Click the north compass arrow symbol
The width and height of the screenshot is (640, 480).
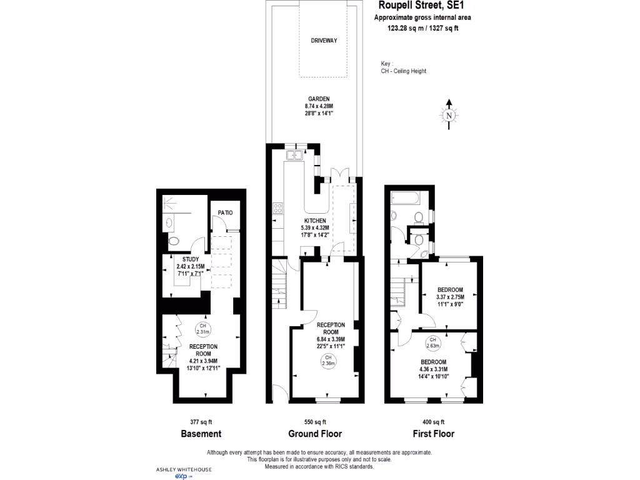point(448,114)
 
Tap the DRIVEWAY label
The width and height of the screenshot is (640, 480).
point(324,41)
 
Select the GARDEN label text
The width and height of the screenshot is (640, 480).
point(318,99)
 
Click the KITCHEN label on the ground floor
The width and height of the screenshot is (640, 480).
point(315,221)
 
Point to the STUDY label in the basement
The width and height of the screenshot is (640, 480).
point(191,259)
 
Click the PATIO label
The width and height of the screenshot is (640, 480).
point(225,213)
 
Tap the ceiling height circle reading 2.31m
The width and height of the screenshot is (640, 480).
point(202,328)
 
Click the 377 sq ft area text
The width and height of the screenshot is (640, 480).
point(201,422)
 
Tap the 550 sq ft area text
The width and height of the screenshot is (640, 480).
point(315,422)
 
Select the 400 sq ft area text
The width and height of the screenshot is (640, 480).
point(433,422)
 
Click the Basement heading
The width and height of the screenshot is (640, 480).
point(201,434)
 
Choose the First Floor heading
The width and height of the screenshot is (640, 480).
point(433,434)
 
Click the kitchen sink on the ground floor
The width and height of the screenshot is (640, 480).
point(292,154)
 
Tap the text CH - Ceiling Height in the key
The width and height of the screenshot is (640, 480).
point(404,71)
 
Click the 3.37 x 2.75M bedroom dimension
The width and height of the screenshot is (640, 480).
point(450,297)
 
